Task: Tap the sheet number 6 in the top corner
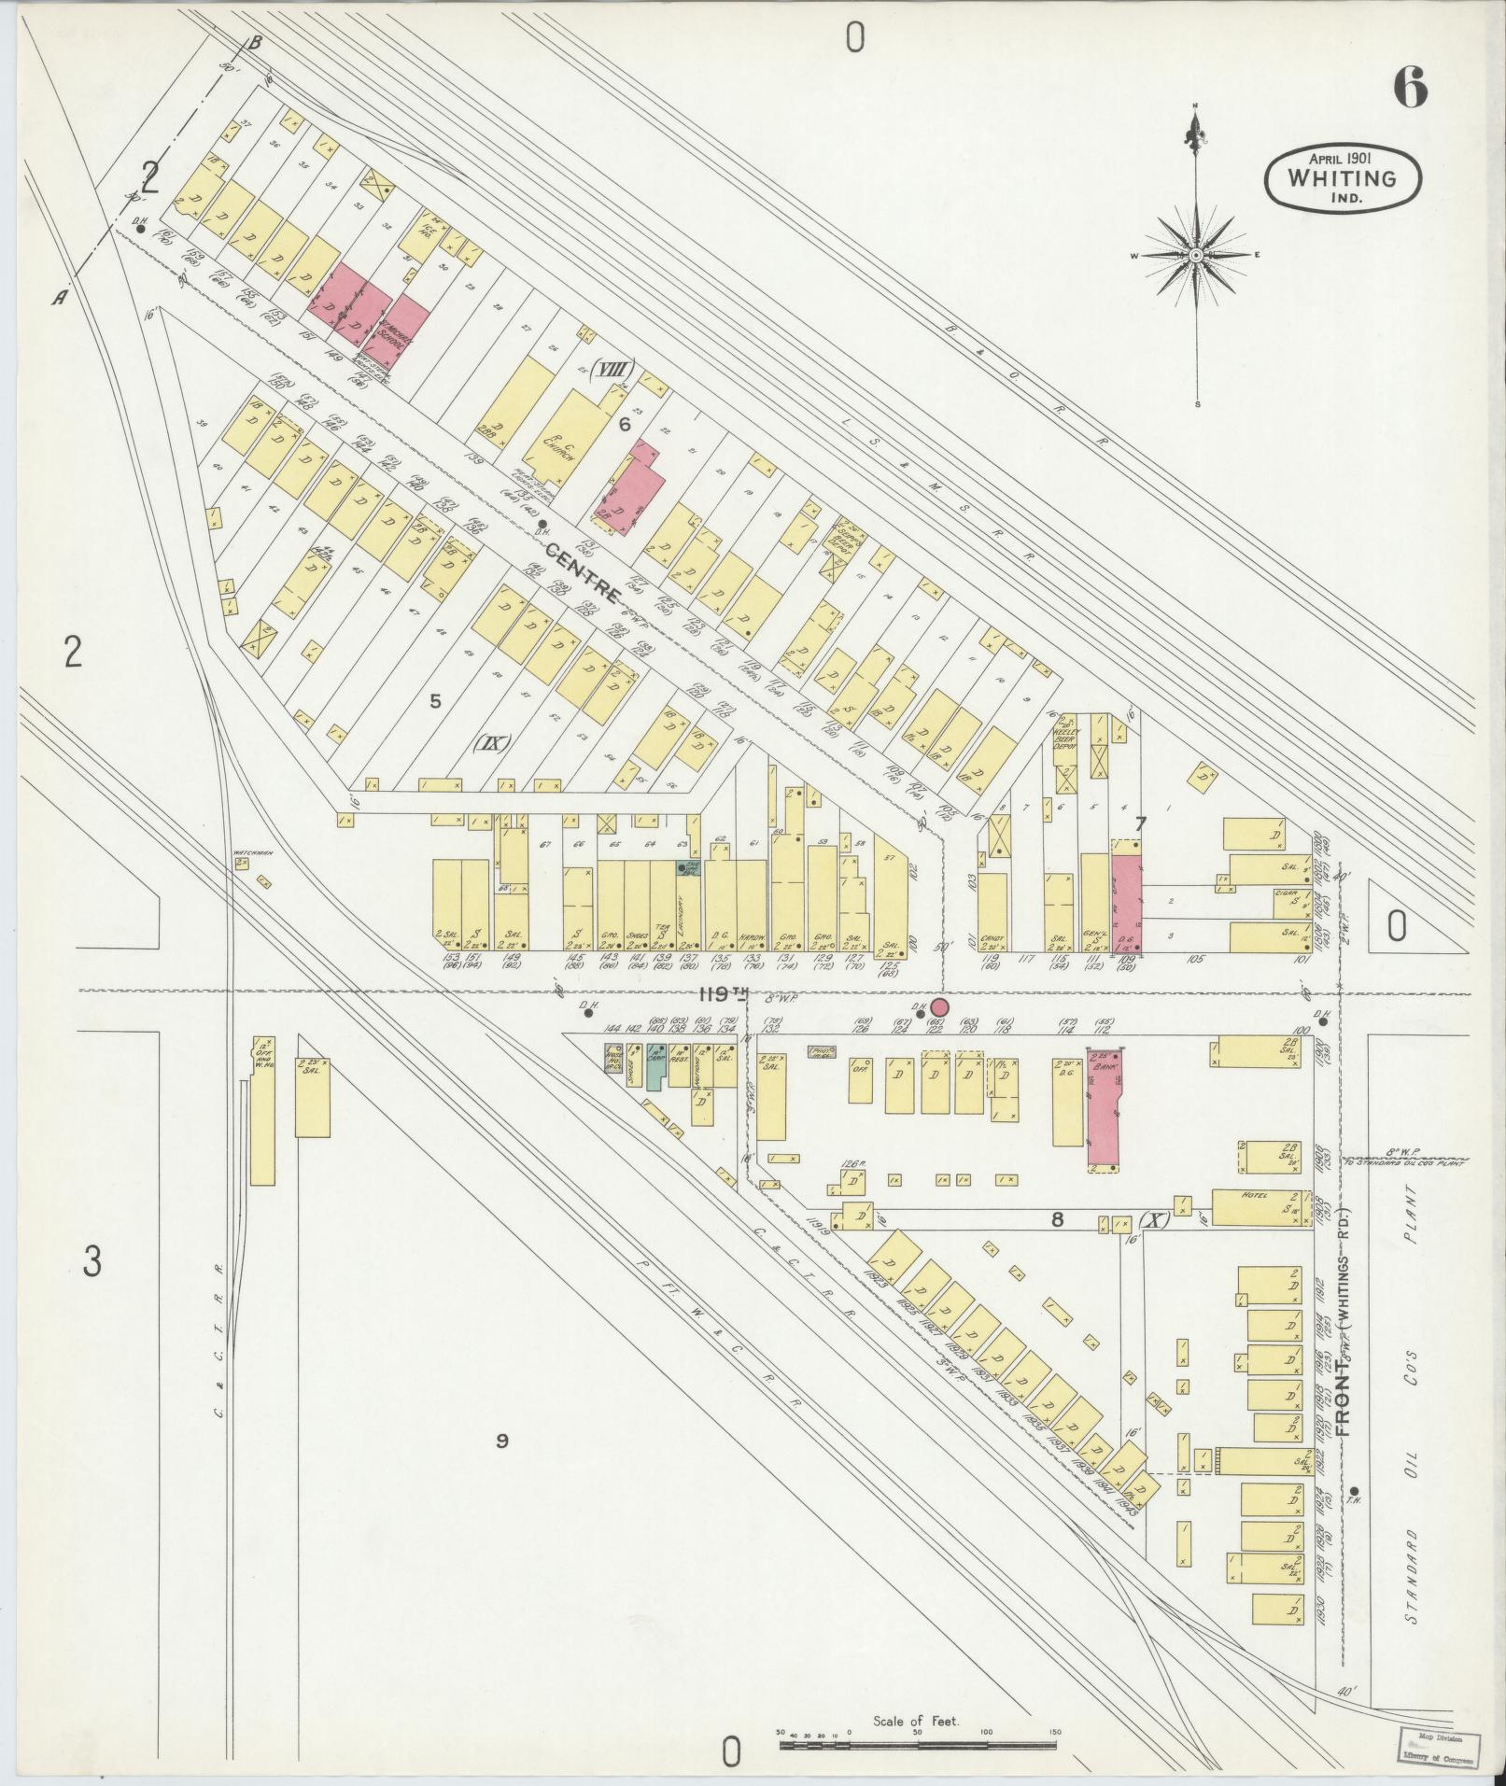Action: coord(1410,89)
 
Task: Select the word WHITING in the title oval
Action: coord(1343,177)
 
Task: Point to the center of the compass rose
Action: coord(1196,254)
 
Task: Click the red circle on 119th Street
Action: coord(939,1006)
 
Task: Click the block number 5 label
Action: coord(434,701)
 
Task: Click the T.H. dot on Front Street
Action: coord(1355,1515)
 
